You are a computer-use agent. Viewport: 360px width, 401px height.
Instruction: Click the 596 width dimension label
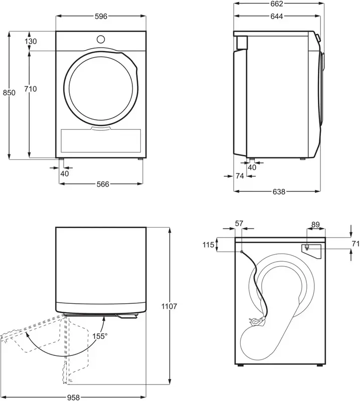(x=101, y=17)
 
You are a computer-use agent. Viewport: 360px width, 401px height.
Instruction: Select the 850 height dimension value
(x=9, y=93)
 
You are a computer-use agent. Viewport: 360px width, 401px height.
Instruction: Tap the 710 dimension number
(x=30, y=89)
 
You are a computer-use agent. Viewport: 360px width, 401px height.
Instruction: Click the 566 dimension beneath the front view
(x=102, y=184)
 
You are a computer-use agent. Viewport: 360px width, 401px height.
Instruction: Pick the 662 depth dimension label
(x=277, y=4)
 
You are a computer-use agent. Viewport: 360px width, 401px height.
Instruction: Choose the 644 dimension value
(x=277, y=17)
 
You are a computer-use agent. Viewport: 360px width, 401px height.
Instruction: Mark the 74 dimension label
(x=240, y=176)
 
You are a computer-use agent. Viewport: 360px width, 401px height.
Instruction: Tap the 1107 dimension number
(x=171, y=306)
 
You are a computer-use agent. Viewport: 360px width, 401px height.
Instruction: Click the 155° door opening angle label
(x=99, y=336)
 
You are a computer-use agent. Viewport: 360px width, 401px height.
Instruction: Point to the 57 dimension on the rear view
(x=239, y=224)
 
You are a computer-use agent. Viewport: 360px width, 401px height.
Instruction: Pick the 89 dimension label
(x=315, y=224)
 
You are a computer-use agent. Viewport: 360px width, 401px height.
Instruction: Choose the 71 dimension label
(x=355, y=244)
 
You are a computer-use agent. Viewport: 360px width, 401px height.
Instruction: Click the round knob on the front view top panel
(x=101, y=39)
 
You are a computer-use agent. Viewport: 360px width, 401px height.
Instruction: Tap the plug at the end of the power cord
(x=258, y=322)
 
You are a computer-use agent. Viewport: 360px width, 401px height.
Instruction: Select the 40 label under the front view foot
(x=64, y=173)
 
